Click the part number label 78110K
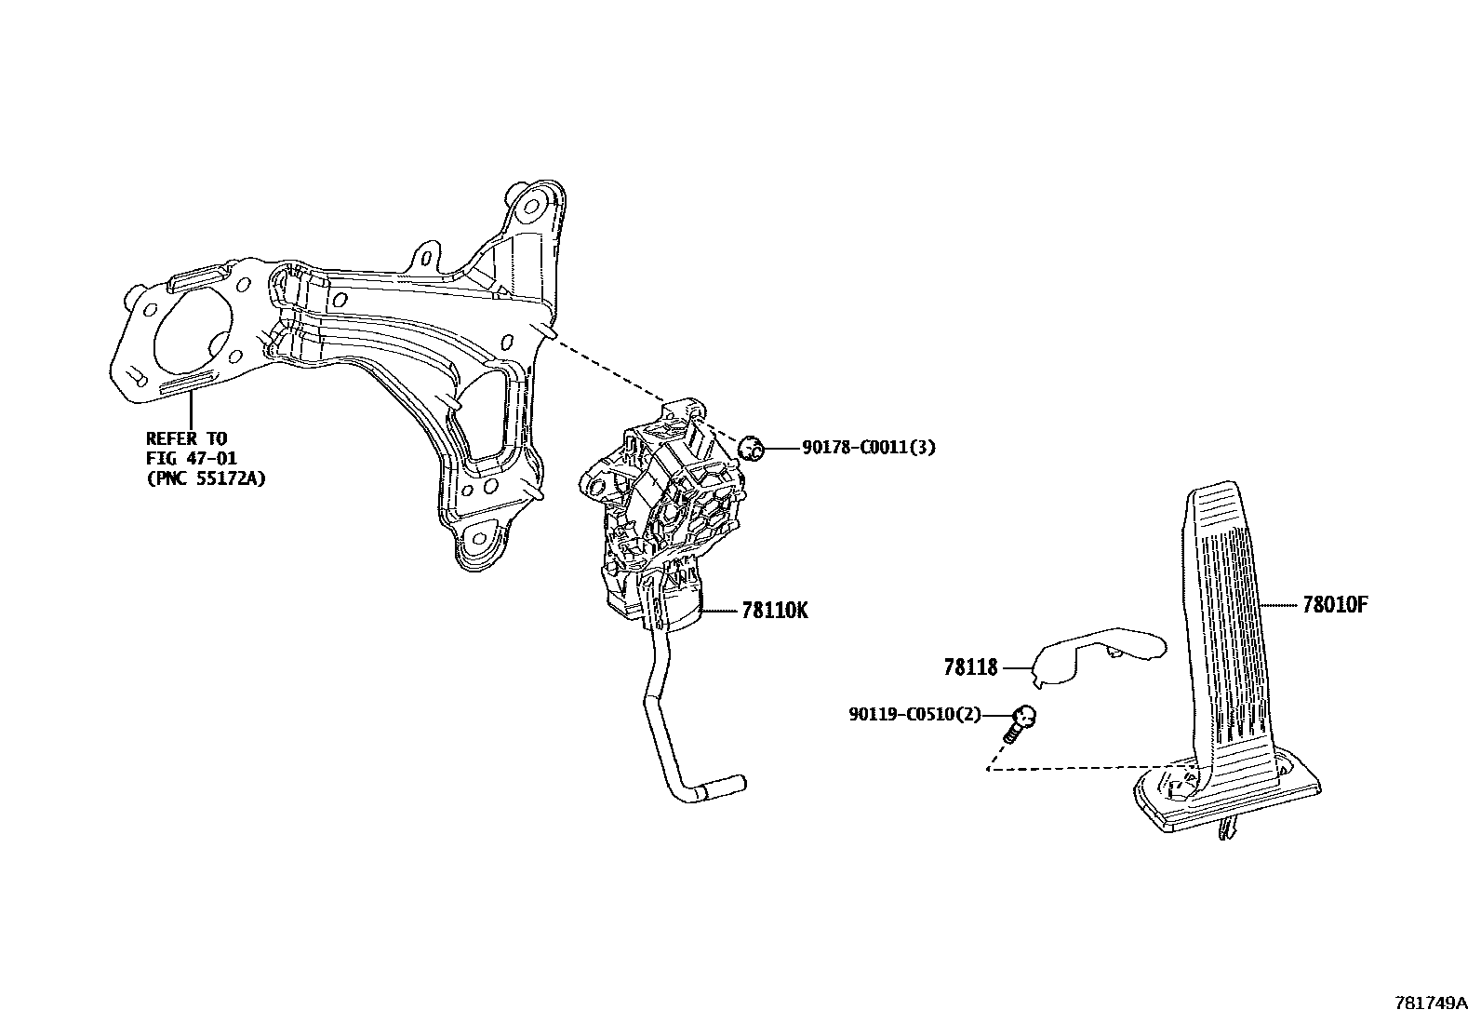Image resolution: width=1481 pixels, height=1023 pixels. point(775,611)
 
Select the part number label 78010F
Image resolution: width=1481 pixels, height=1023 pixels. point(1335,605)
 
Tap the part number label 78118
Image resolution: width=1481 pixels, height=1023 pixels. point(970,667)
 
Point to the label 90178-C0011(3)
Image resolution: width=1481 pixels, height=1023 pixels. point(869,448)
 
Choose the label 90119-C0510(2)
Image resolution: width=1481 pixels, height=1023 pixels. point(914,715)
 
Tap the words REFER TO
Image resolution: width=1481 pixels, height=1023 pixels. point(186,438)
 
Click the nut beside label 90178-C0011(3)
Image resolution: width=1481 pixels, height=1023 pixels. point(751,449)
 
